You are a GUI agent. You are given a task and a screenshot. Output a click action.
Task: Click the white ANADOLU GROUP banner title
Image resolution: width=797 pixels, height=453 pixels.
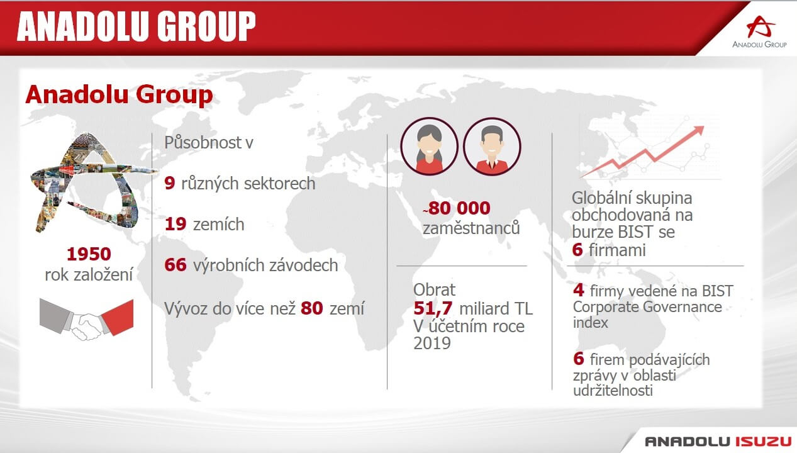(137, 26)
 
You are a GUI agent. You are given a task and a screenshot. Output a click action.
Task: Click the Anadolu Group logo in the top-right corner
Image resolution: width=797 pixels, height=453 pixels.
(759, 31)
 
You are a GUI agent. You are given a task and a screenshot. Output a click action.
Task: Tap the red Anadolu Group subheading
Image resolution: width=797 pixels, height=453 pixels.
(119, 94)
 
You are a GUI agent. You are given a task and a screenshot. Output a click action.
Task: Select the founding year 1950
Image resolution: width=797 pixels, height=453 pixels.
(89, 254)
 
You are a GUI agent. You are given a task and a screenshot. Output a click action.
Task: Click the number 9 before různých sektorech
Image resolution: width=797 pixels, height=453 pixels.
(170, 183)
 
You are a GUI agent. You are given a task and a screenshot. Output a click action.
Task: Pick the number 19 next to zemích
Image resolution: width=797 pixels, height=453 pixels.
(176, 224)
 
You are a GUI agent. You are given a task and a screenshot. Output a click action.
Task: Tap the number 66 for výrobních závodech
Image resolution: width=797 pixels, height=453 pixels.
(176, 265)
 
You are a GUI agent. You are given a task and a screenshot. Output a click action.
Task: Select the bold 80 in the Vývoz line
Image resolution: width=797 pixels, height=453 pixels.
(311, 308)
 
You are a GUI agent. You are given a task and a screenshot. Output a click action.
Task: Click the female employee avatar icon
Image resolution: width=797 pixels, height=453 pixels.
(429, 146)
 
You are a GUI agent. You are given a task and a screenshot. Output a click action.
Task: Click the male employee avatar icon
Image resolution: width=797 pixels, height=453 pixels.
(492, 146)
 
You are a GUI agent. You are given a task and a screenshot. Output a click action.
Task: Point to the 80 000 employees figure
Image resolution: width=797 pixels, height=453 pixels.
(457, 208)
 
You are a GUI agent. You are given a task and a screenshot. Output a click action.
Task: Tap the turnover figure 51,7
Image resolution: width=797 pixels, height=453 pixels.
(433, 308)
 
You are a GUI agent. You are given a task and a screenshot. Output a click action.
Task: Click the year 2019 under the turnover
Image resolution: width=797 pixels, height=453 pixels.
(432, 344)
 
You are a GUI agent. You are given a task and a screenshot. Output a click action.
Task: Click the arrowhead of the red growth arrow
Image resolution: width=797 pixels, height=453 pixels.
(698, 130)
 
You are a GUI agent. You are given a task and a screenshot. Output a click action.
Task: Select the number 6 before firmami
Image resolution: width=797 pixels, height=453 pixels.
(577, 250)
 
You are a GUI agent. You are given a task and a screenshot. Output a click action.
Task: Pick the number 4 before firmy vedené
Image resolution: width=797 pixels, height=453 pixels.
(579, 291)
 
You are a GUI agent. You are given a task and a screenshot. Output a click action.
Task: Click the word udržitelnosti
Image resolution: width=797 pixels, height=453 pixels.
(613, 391)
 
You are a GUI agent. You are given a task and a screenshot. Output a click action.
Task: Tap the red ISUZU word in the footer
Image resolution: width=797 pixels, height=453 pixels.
(764, 442)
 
